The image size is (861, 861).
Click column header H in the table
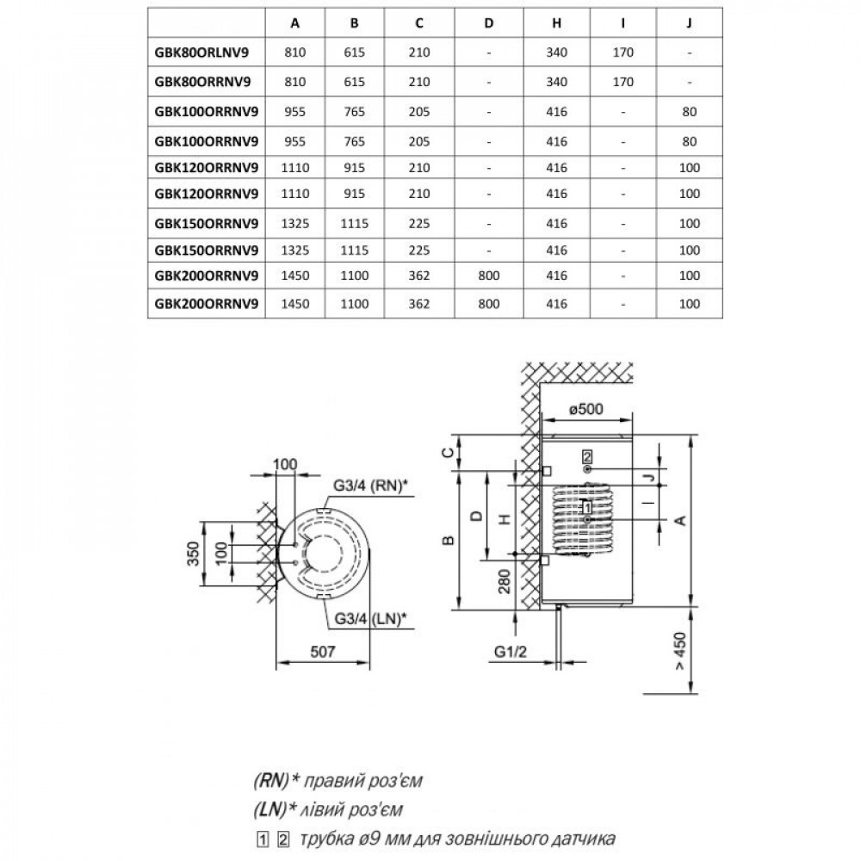click(x=556, y=23)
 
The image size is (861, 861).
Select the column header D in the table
click(x=488, y=23)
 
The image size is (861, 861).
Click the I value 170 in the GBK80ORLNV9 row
click(x=624, y=53)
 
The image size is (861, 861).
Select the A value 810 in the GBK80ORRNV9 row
click(x=295, y=82)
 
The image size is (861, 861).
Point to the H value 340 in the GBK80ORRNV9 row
click(x=556, y=82)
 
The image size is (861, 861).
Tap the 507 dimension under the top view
click(x=322, y=651)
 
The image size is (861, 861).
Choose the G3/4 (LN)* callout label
click(x=369, y=616)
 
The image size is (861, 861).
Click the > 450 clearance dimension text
click(x=681, y=651)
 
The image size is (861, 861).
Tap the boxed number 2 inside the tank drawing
click(x=587, y=455)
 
